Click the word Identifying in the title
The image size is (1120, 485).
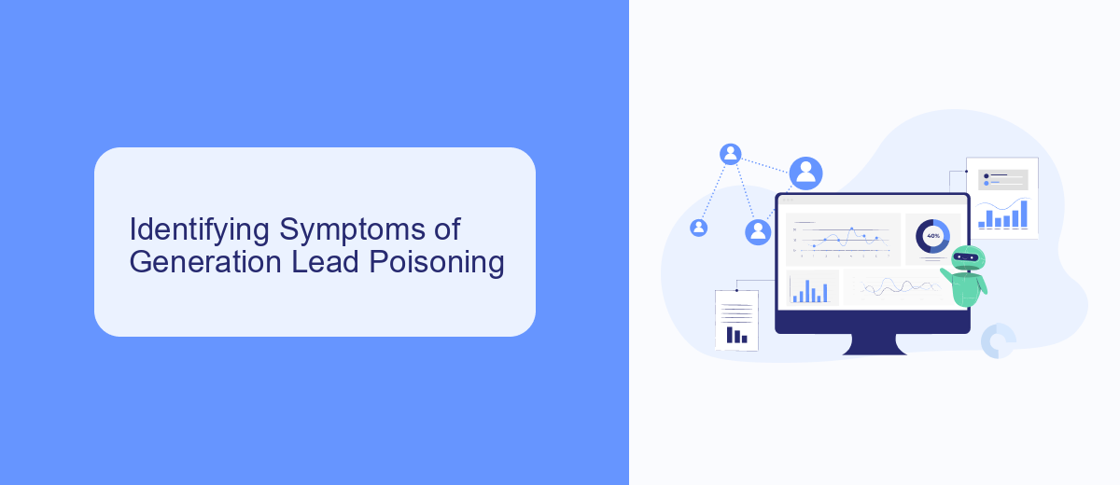[x=200, y=230]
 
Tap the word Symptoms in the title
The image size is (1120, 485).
[x=352, y=230]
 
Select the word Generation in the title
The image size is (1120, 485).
[x=205, y=262]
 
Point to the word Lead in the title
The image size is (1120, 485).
[x=325, y=261]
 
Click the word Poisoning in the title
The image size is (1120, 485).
[x=437, y=263]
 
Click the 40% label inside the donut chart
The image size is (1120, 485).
[x=933, y=236]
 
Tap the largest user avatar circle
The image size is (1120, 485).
[x=805, y=173]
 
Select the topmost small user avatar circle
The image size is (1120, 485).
[x=730, y=154]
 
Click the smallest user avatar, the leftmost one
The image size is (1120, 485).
[x=698, y=228]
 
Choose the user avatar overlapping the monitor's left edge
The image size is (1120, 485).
[x=758, y=231]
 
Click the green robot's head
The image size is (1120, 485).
[x=968, y=258]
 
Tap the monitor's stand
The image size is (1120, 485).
[x=874, y=344]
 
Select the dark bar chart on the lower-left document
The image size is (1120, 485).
[x=736, y=335]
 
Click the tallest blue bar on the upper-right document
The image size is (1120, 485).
[x=1024, y=215]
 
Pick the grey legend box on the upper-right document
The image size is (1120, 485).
[x=1003, y=180]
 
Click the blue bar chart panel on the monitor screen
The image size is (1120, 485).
[x=812, y=287]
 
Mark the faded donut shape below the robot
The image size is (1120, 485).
[x=998, y=341]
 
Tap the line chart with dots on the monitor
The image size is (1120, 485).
[x=843, y=240]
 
